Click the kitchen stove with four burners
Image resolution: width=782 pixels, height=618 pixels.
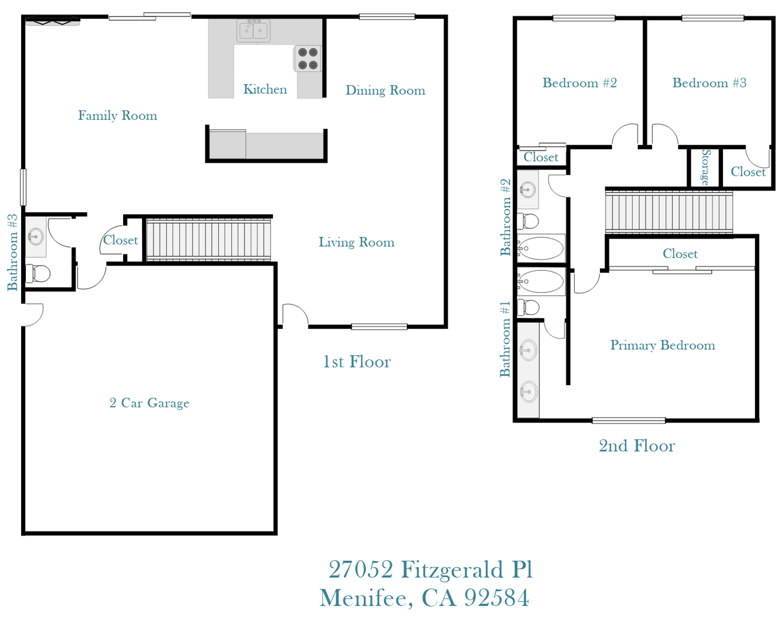[x=308, y=59]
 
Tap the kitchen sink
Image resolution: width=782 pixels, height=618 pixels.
[x=254, y=30]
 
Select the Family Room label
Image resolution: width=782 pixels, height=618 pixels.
[x=117, y=116]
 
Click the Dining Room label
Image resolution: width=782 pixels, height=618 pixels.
[x=385, y=90]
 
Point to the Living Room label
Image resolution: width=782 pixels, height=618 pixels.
[x=356, y=243]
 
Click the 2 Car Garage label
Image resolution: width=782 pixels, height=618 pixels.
[x=149, y=403]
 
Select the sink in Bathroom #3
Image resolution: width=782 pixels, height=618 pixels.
[x=35, y=236]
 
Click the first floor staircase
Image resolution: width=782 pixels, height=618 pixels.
[x=208, y=239]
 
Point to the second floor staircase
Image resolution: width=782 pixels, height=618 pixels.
[x=669, y=212]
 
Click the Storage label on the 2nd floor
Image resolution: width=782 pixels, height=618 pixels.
[x=705, y=167]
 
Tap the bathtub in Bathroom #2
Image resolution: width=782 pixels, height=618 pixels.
[x=541, y=248]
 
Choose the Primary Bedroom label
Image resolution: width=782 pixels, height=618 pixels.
[x=662, y=345]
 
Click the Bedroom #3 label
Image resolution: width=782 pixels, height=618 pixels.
[x=709, y=83]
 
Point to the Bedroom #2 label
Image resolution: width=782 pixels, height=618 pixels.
[x=579, y=83]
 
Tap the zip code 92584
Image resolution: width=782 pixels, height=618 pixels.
[x=496, y=598]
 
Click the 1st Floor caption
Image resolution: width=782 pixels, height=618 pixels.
[x=357, y=362]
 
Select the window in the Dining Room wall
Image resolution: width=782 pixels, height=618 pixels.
[x=387, y=17]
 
